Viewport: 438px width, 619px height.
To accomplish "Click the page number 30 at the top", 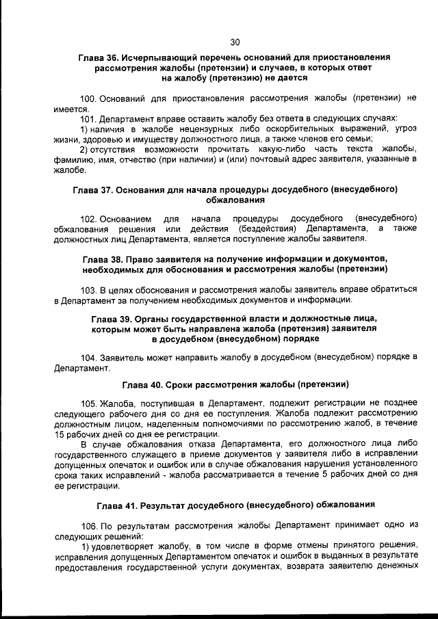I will point(235,40).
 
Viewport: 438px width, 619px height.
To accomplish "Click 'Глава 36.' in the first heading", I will point(98,58).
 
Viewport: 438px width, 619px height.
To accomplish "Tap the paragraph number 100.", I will point(88,98).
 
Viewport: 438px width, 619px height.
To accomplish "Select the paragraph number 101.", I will point(88,118).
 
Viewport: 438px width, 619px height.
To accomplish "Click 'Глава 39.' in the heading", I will point(113,319).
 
